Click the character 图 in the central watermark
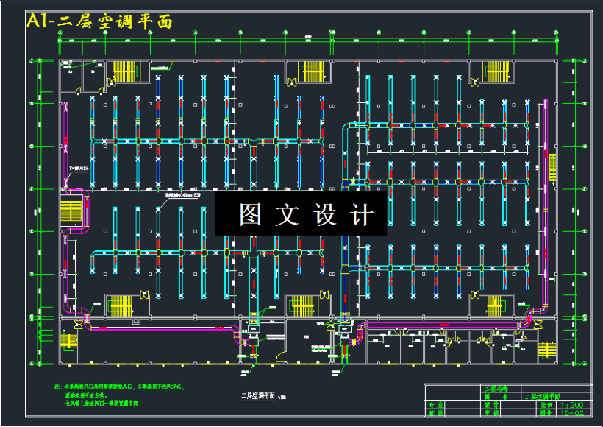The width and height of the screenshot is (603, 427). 250,214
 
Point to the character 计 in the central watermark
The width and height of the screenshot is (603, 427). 361,214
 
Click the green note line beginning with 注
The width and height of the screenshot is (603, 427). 118,386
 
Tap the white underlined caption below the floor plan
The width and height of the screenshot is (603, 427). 257,396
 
